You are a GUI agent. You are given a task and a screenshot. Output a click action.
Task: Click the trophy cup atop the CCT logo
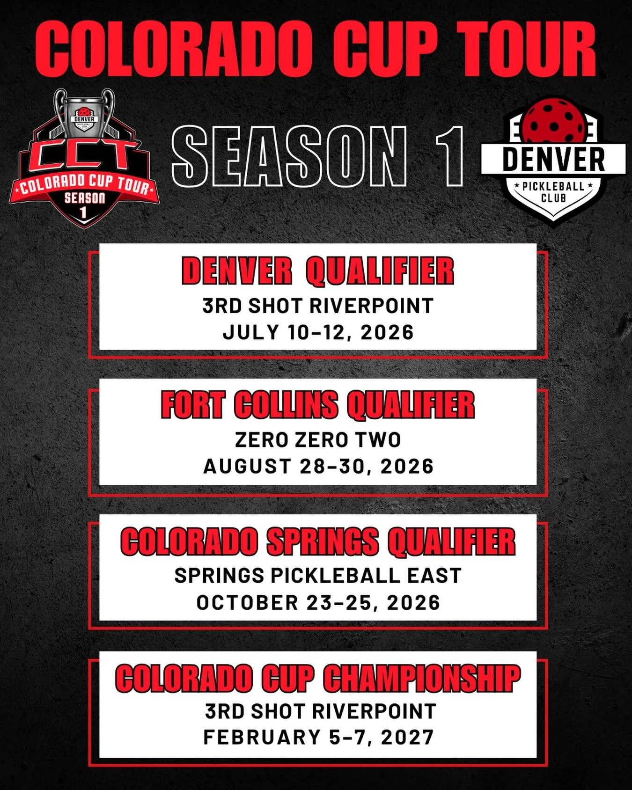click(x=84, y=112)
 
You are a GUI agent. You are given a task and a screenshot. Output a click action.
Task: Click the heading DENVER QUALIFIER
click(x=318, y=271)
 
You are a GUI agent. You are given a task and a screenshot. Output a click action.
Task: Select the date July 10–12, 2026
click(x=318, y=332)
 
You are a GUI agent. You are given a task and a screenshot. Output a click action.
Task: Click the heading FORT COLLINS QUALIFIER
click(x=318, y=405)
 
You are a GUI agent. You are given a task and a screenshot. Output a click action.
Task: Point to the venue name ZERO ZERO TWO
click(x=318, y=440)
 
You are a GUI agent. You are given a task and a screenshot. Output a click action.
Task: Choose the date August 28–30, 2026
click(x=318, y=467)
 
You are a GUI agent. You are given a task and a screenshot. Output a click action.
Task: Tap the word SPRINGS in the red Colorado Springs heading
click(x=323, y=541)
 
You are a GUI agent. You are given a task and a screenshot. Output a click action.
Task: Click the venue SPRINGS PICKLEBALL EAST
click(x=318, y=576)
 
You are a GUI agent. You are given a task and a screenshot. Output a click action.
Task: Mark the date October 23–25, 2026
click(x=318, y=603)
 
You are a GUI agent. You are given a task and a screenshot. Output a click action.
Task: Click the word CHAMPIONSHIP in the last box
click(x=421, y=678)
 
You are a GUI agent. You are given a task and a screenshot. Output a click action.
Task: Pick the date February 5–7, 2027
click(x=318, y=738)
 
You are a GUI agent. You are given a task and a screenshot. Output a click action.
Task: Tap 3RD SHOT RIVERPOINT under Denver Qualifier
click(x=318, y=306)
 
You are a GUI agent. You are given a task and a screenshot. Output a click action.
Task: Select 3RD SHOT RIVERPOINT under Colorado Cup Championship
click(x=320, y=711)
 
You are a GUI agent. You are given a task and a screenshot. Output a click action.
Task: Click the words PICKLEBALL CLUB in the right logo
click(x=553, y=192)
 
